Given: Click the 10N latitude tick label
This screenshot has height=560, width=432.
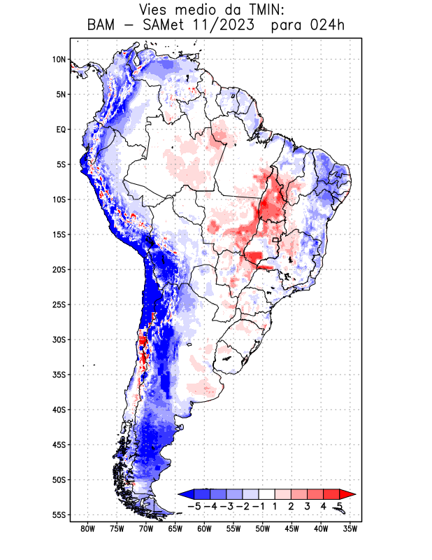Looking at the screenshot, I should coord(59,59).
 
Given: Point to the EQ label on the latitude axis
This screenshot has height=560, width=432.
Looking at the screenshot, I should coord(61,129).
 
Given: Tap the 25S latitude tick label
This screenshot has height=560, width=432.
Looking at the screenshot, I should coord(59,304).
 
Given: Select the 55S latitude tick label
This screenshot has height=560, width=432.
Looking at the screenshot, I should coord(59,514).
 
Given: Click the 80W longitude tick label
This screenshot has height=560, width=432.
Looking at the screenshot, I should coord(87,528).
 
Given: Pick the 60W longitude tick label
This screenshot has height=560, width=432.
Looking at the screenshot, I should coord(204,528).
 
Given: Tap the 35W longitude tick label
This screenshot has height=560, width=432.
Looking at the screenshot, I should coord(351,528).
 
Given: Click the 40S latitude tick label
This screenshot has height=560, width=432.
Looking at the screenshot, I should coord(59,409).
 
